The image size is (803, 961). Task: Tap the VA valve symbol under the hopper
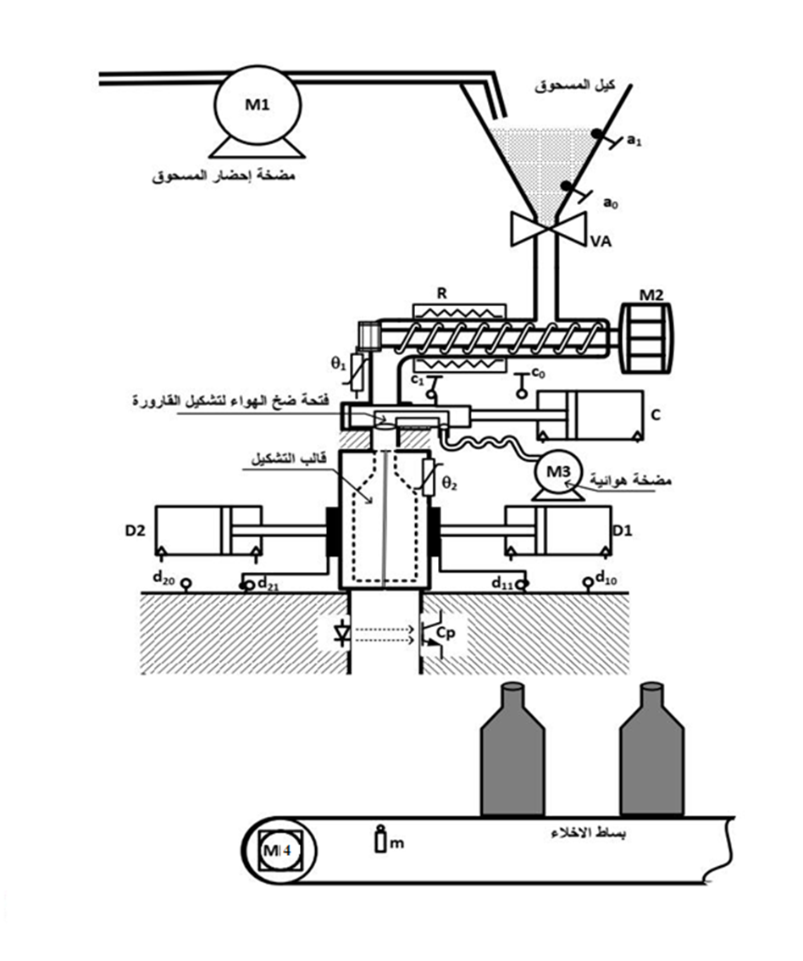[548, 229]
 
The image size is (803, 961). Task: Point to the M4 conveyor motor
[280, 851]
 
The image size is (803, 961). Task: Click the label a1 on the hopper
[634, 142]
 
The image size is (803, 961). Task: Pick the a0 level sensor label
[611, 203]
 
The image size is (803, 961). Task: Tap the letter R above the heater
[441, 293]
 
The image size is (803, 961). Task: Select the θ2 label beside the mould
[450, 484]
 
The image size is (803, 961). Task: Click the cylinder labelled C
[590, 416]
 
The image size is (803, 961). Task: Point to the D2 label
[136, 530]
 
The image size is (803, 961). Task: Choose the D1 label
[623, 530]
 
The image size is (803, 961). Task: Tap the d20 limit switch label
[163, 578]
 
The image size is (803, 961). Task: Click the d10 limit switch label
[606, 577]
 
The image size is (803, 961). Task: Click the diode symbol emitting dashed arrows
[341, 634]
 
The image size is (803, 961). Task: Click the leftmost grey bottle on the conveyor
[512, 749]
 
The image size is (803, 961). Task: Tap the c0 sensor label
[539, 371]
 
